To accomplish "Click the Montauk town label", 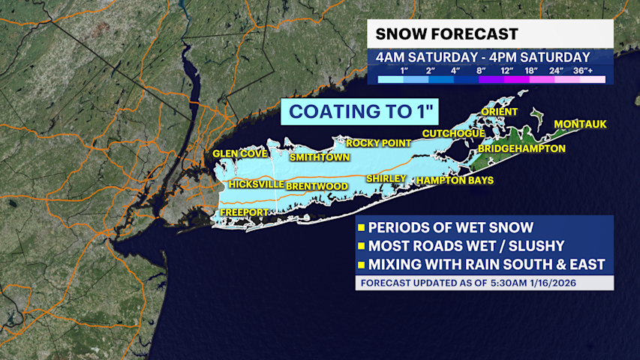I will click(x=580, y=124).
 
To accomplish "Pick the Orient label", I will click(x=500, y=112).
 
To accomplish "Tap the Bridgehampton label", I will click(x=521, y=149).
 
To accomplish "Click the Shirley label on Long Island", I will click(x=386, y=178).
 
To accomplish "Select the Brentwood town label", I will click(x=317, y=185).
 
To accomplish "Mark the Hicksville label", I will click(x=257, y=184).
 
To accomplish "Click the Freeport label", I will click(x=242, y=214).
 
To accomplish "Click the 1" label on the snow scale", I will click(x=404, y=70).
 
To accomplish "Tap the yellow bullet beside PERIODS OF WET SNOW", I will click(x=361, y=228).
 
